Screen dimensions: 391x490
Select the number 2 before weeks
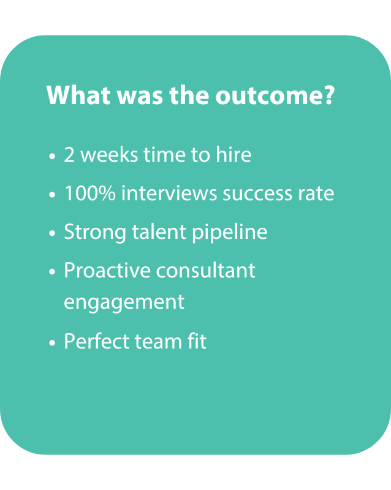[69, 154]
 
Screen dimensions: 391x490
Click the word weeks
[109, 154]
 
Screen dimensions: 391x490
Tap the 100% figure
[90, 193]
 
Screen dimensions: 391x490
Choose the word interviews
[169, 192]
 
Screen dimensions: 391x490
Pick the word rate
[316, 194]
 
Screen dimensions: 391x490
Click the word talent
[159, 232]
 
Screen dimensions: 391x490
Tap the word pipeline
[230, 233]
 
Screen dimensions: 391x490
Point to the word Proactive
[107, 270]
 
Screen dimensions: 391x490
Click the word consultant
[205, 270]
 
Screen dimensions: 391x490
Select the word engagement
[124, 303]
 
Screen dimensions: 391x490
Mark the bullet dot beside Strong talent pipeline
[52, 233]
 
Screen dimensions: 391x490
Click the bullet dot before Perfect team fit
[52, 342]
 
